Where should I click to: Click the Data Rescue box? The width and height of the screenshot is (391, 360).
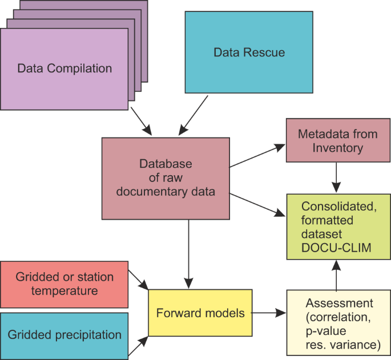(249, 53)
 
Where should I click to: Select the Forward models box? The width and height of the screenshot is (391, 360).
(200, 313)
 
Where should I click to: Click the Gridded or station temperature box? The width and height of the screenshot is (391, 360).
(65, 284)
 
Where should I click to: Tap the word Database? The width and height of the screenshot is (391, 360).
(166, 164)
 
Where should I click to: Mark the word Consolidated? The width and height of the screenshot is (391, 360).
(333, 205)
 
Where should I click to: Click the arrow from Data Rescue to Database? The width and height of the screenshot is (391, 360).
(193, 115)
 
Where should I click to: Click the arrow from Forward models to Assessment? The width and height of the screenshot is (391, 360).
(268, 313)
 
